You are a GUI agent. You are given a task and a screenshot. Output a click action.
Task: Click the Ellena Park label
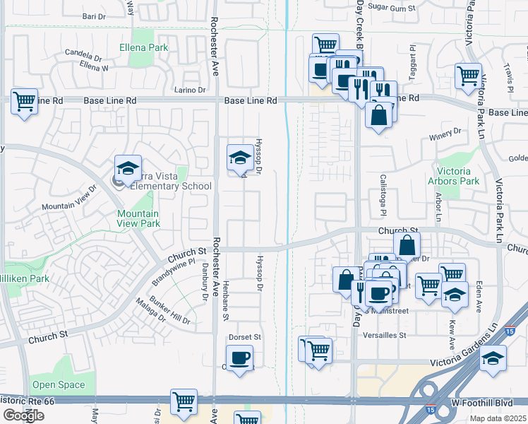click(x=148, y=47)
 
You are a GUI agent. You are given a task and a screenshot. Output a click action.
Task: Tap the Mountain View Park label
click(x=138, y=218)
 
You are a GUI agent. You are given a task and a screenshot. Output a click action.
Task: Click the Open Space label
click(x=59, y=385)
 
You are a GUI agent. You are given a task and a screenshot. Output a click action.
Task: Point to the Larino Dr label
click(x=189, y=90)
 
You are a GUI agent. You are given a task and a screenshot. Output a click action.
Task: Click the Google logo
click(x=23, y=416)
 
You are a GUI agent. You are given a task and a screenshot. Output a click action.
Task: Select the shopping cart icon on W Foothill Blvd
click(x=184, y=401)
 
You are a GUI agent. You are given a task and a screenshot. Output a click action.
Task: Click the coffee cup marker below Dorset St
click(x=240, y=358)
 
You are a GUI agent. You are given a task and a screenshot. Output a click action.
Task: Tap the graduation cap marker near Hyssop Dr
click(x=240, y=158)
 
